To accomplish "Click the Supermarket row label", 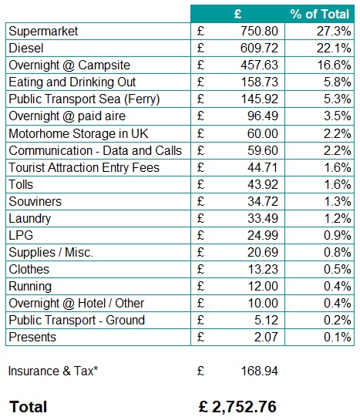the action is pos(44,32).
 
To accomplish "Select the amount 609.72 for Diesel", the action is pos(258,49).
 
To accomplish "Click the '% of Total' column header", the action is pos(319,14).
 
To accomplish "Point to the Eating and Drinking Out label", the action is pos(72,82).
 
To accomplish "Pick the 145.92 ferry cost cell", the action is pos(258,99).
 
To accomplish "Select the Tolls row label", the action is pos(21,184).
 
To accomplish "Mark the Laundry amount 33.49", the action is pos(262,218).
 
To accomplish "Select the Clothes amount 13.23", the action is pos(262,269).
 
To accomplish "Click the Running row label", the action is pos(30,286).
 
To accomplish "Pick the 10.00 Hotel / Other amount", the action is pos(262,303).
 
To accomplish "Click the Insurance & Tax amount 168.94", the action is pos(258,371).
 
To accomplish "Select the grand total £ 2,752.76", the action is pos(237,406).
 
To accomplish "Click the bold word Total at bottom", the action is pos(28,406).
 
